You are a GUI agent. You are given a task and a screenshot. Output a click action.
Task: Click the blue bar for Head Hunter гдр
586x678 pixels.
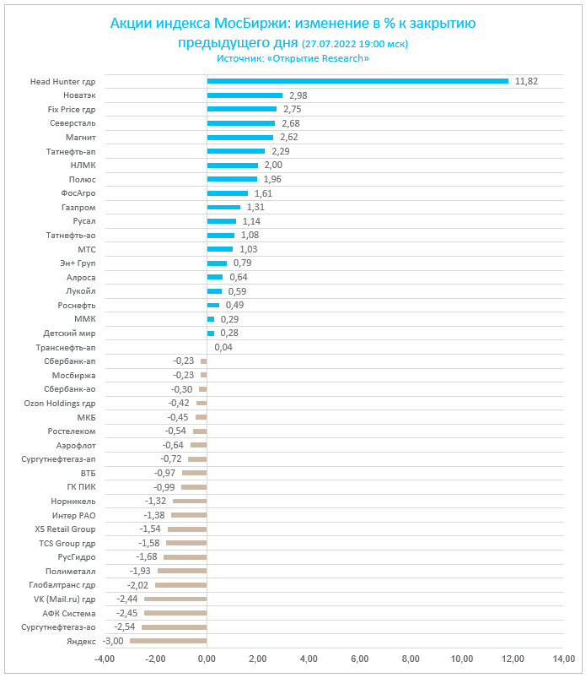[358, 81]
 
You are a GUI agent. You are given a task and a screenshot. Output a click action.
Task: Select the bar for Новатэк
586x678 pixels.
[245, 95]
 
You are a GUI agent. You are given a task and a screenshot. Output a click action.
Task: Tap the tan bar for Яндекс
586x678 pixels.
[168, 642]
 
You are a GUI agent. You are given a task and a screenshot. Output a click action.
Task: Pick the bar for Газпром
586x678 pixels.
[223, 207]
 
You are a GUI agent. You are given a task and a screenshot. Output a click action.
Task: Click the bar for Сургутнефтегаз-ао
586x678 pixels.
[174, 627]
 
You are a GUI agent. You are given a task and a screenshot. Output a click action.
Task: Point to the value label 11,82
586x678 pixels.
[526, 81]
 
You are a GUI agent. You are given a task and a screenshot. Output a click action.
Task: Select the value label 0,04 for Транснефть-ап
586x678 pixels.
[223, 347]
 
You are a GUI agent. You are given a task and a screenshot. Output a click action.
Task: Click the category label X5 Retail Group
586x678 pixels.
[65, 529]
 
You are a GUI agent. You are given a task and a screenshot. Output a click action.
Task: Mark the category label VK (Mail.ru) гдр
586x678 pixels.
[64, 599]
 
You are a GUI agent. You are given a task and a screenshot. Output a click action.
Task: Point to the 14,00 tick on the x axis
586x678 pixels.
[563, 659]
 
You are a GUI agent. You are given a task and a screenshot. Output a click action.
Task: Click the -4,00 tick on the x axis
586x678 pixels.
[105, 659]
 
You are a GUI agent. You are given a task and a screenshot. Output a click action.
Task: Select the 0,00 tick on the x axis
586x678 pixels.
[207, 659]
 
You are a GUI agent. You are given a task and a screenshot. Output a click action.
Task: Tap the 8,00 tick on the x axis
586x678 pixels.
[411, 659]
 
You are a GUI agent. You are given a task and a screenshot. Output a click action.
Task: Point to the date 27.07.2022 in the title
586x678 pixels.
[330, 43]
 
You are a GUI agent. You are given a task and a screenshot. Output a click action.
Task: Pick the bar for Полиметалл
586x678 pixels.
[182, 572]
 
